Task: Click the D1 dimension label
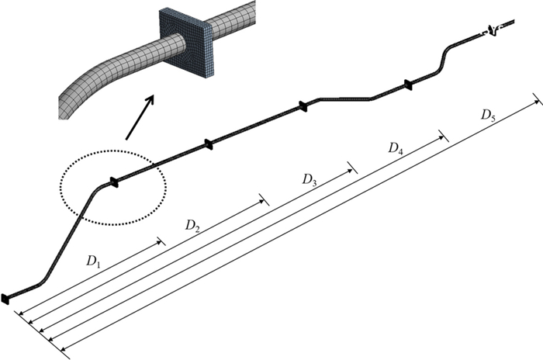(93, 261)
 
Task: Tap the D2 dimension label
(193, 226)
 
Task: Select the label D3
(310, 180)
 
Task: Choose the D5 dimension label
(488, 115)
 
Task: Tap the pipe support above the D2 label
(208, 143)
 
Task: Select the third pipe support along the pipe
(304, 106)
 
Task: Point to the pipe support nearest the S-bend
(406, 84)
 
